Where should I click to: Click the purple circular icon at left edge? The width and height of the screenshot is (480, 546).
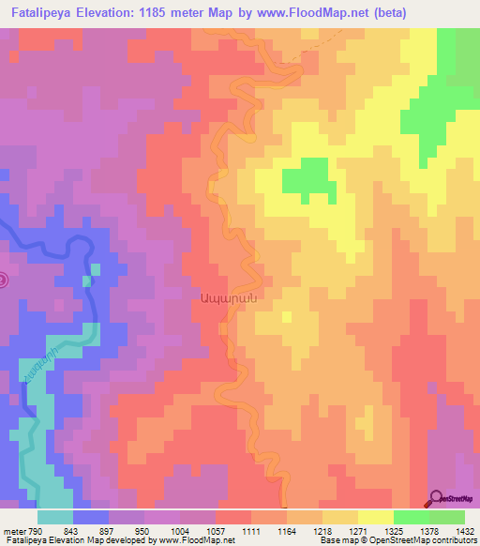click(3, 280)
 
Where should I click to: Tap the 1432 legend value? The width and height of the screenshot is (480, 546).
click(464, 530)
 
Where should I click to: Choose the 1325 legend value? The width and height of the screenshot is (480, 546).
click(395, 530)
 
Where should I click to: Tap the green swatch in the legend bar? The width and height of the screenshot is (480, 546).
click(412, 517)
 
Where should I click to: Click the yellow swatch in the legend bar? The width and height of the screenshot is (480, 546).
click(376, 517)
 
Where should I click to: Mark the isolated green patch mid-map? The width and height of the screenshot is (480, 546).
click(307, 176)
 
